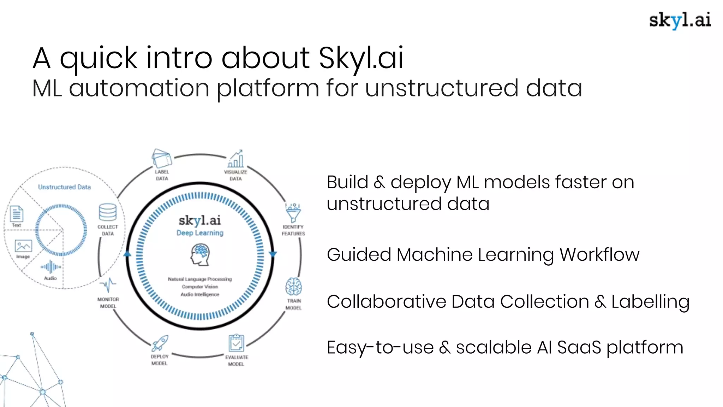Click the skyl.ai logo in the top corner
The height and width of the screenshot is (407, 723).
[680, 20]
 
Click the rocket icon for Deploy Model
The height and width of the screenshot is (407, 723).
[160, 343]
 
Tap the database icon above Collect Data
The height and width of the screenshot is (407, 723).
[108, 212]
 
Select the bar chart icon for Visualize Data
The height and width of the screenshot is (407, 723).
[236, 159]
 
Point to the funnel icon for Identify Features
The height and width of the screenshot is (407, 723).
[293, 213]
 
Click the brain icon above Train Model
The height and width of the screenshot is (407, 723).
[294, 287]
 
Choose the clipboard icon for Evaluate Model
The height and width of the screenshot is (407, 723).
[236, 343]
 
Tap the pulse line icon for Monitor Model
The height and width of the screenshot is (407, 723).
[108, 285]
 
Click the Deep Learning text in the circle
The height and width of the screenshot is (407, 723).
[200, 233]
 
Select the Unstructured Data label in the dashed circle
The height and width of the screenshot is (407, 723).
[64, 187]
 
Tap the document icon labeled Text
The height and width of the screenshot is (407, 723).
[17, 214]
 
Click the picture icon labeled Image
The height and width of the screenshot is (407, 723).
[23, 246]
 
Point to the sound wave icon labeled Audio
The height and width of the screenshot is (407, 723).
[51, 267]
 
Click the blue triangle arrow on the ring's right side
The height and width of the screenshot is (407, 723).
[273, 254]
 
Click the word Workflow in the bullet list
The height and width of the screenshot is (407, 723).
[599, 255]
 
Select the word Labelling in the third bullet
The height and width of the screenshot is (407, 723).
[650, 302]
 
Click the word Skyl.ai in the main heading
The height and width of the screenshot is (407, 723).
[361, 58]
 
